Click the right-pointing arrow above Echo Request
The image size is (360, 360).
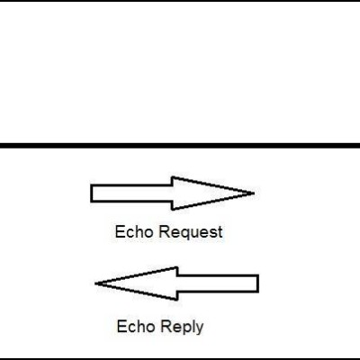173,193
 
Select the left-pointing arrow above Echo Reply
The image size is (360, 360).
177,283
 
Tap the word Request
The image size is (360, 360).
191,232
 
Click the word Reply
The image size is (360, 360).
182,327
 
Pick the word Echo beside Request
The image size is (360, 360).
134,232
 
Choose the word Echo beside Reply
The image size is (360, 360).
136,327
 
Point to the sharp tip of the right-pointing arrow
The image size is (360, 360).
255,193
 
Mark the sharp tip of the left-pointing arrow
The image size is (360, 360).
95,283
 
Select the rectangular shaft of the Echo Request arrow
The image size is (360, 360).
131,193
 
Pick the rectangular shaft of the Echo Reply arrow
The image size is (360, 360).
218,283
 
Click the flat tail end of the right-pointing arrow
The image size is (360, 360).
91,193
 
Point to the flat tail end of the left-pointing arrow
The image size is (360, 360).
258,283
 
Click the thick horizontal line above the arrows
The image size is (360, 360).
180,146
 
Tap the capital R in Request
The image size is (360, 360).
163,232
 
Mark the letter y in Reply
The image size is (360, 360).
200,328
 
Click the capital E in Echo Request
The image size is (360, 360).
120,232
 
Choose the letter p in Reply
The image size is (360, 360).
184,328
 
